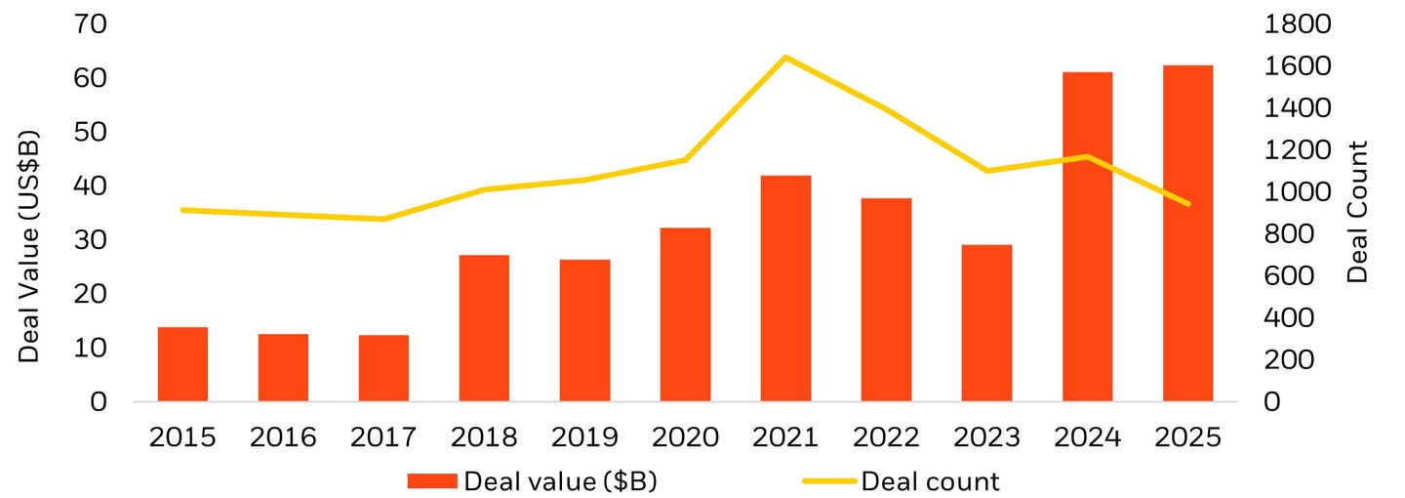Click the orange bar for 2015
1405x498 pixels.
[x=182, y=364]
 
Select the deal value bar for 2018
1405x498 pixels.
[x=484, y=328]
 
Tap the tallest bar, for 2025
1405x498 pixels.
[x=1187, y=233]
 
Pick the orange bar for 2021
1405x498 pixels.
[x=785, y=288]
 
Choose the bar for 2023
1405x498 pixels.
[x=986, y=323]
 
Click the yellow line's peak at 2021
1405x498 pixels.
[x=785, y=58]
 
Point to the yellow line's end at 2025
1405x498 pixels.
[x=1187, y=204]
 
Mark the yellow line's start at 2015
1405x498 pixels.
[x=182, y=210]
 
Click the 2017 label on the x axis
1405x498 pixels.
[x=383, y=436]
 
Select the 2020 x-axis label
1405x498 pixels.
[x=685, y=436]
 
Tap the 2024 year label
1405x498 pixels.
[x=1087, y=436]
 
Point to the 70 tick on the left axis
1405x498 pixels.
[x=97, y=23]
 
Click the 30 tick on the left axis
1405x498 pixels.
[x=97, y=239]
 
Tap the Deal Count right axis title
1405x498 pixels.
[x=1357, y=212]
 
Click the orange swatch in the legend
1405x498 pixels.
[x=431, y=480]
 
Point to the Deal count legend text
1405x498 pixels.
[x=931, y=480]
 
